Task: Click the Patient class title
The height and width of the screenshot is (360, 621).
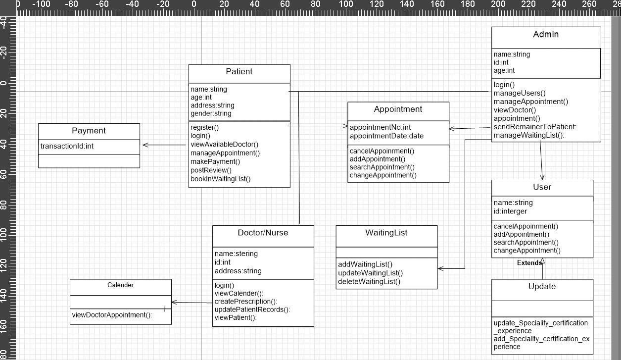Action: click(239, 72)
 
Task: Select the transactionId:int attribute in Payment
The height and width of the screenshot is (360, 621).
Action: click(67, 146)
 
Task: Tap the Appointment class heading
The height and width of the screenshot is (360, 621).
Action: click(398, 109)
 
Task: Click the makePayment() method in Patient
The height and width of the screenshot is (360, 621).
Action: click(215, 161)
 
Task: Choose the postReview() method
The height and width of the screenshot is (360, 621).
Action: click(211, 170)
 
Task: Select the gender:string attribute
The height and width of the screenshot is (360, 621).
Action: click(211, 113)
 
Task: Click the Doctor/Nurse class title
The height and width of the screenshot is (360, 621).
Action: click(263, 233)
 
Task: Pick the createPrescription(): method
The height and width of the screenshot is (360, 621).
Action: click(245, 302)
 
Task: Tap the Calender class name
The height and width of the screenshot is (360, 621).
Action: click(120, 285)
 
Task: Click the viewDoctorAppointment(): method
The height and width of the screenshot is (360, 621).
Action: click(112, 315)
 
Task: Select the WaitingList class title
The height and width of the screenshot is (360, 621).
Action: click(386, 233)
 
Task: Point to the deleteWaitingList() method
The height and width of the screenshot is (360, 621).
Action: click(369, 281)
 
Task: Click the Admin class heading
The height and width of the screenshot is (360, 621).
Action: click(546, 35)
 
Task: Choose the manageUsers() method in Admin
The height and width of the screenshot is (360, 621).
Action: click(519, 93)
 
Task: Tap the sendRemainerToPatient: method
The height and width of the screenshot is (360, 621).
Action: click(535, 127)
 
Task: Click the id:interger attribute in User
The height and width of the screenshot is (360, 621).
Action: click(510, 211)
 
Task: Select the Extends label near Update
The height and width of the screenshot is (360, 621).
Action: click(529, 263)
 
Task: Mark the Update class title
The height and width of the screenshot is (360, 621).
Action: click(542, 287)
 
